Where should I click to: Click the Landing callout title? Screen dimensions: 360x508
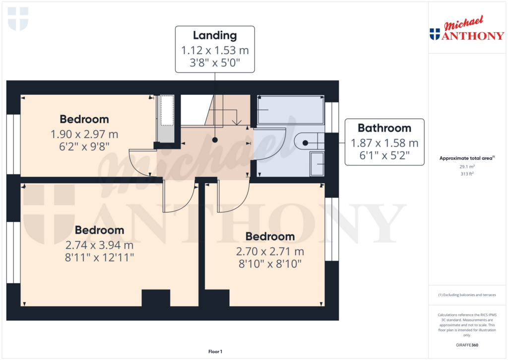[215, 35]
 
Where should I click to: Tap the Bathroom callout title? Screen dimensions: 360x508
[384, 128]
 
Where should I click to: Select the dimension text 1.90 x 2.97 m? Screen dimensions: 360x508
[84, 134]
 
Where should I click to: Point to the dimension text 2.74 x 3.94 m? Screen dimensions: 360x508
[99, 245]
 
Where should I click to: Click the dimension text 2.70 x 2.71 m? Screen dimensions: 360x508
[270, 251]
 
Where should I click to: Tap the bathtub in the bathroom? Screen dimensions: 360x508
[290, 109]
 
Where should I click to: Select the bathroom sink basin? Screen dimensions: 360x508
[317, 164]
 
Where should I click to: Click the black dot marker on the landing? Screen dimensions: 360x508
[215, 141]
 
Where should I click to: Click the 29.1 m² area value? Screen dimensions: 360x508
[467, 167]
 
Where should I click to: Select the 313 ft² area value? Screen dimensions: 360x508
[467, 174]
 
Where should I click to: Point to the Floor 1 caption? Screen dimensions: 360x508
[215, 352]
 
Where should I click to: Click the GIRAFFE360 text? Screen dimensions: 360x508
[467, 345]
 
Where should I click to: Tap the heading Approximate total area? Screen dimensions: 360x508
[467, 158]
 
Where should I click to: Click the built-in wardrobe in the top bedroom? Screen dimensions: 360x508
[166, 118]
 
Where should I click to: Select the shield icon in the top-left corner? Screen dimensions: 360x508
[18, 19]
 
